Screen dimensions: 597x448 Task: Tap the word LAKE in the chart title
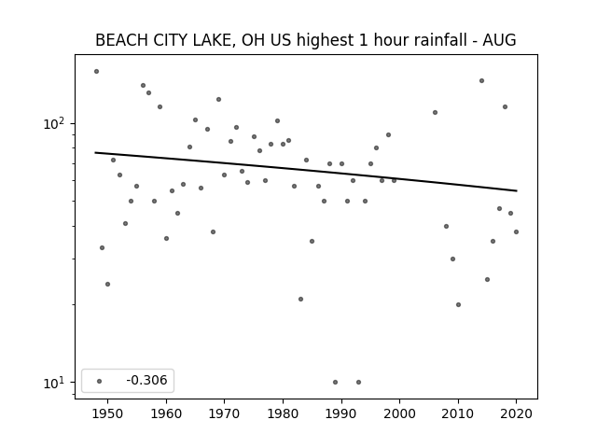pyautogui.click(x=213, y=40)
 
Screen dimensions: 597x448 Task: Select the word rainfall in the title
pyautogui.click(x=440, y=40)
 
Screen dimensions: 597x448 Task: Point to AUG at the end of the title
pyautogui.click(x=499, y=40)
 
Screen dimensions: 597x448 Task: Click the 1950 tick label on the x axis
pyautogui.click(x=108, y=413)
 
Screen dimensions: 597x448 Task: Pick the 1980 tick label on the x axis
pyautogui.click(x=283, y=413)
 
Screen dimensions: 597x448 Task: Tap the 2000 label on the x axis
pyautogui.click(x=399, y=413)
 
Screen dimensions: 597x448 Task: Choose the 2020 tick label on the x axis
pyautogui.click(x=516, y=413)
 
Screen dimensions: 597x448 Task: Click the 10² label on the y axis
pyautogui.click(x=56, y=124)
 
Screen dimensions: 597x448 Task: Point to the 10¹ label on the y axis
pyautogui.click(x=56, y=383)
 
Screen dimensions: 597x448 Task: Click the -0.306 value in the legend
pyautogui.click(x=146, y=380)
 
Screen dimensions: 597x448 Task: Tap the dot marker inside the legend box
pyautogui.click(x=100, y=381)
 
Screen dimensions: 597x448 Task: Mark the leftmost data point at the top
pyautogui.click(x=96, y=71)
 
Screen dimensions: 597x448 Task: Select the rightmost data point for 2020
pyautogui.click(x=516, y=231)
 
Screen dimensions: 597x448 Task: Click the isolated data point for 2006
pyautogui.click(x=435, y=112)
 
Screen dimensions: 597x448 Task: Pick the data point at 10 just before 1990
pyautogui.click(x=336, y=382)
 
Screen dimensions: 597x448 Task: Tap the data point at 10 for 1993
pyautogui.click(x=358, y=382)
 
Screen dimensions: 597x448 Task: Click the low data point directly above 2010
pyautogui.click(x=458, y=305)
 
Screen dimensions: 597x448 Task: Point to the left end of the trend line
pyautogui.click(x=95, y=153)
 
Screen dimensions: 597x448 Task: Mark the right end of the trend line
pyautogui.click(x=517, y=190)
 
